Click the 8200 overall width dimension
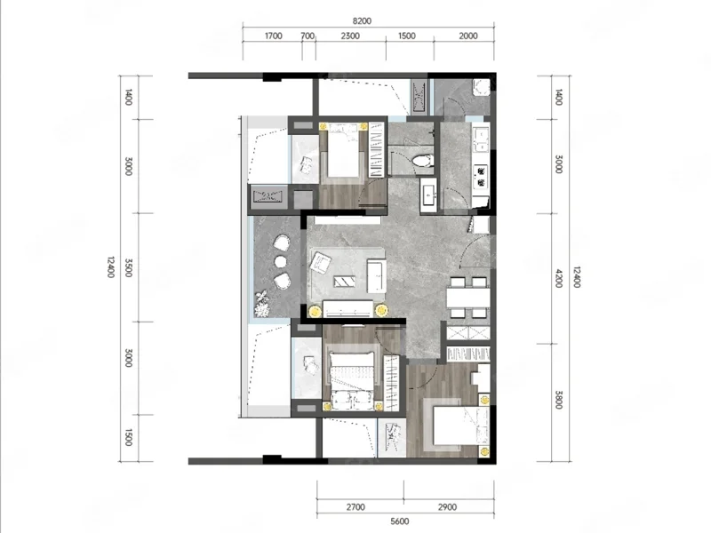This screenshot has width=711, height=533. click(362, 20)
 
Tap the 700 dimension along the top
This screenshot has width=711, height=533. click(308, 36)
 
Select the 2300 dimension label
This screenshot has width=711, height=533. click(350, 36)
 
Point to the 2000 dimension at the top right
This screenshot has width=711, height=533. click(468, 36)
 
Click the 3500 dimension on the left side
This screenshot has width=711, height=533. click(128, 268)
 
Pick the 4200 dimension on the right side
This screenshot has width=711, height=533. click(559, 278)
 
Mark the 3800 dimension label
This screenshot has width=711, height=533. click(559, 400)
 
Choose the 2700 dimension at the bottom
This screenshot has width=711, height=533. click(355, 507)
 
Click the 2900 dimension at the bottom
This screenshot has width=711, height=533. click(447, 507)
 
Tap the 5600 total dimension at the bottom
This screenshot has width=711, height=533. click(399, 521)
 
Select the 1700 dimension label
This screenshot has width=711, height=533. click(274, 36)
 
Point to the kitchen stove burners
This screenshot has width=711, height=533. click(481, 177)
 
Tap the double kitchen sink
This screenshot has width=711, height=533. click(480, 139)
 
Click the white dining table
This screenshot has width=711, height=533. click(468, 298)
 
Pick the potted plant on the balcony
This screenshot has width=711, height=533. click(262, 304)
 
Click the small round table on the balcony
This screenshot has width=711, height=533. click(281, 262)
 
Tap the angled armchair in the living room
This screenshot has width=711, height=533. click(321, 262)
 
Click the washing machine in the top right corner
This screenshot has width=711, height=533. click(481, 88)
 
